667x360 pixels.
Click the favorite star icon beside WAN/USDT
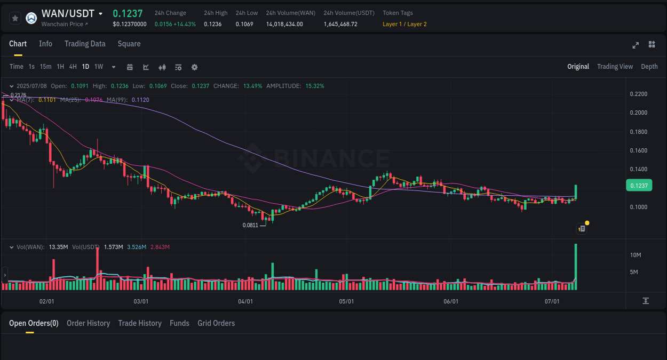(15, 18)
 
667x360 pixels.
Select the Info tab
(45, 44)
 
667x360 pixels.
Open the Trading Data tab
(85, 44)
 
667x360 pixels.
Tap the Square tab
(129, 44)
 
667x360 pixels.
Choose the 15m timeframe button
(46, 67)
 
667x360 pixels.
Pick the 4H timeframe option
(73, 67)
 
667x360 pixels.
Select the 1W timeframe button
(99, 67)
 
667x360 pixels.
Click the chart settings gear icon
(194, 67)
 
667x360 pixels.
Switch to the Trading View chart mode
(615, 67)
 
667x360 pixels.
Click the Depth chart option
(649, 67)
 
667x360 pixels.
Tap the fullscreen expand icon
(636, 45)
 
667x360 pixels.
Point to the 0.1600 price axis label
(639, 150)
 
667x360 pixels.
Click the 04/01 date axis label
(245, 301)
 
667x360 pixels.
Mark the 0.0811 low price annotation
(250, 225)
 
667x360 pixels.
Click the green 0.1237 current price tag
(639, 185)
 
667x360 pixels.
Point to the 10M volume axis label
(636, 255)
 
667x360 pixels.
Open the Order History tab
(88, 323)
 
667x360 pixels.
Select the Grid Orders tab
(216, 323)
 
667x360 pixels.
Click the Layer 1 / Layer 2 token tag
(404, 24)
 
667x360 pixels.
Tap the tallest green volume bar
(576, 267)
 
